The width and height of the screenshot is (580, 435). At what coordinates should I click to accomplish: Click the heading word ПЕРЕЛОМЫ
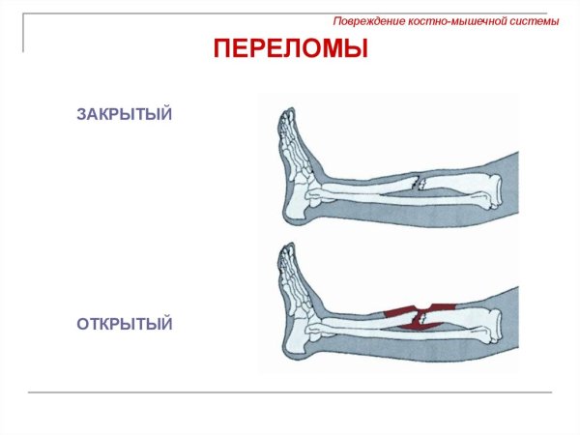pyautogui.click(x=290, y=47)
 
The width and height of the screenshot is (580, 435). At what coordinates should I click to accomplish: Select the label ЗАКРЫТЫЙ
pyautogui.click(x=125, y=115)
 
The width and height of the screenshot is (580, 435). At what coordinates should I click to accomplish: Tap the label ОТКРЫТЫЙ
pyautogui.click(x=125, y=324)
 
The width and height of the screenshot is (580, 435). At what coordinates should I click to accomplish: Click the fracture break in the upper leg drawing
pyautogui.click(x=417, y=182)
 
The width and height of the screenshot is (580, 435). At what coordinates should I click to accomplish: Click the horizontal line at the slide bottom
pyautogui.click(x=290, y=392)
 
